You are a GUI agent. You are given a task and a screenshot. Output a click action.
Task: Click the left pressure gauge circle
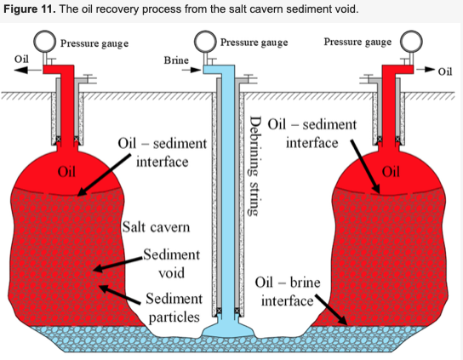tap(45, 42)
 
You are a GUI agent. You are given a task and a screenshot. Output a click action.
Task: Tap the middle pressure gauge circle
tap(205, 41)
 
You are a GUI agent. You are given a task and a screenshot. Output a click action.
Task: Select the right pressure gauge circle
tap(411, 42)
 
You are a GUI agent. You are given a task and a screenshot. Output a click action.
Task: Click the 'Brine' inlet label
tap(176, 60)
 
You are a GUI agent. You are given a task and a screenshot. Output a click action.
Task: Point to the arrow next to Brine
tap(191, 70)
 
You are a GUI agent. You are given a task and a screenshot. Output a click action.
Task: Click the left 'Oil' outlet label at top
tap(21, 59)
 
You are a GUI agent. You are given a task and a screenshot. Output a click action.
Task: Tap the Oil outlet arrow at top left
tap(28, 70)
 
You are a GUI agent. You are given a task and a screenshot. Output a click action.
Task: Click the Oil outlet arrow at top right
tap(426, 70)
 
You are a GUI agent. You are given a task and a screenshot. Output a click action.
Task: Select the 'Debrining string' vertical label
tap(254, 166)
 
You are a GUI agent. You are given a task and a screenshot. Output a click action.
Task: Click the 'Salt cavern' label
tap(157, 227)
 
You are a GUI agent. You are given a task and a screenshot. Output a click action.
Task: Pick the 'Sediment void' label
tap(172, 264)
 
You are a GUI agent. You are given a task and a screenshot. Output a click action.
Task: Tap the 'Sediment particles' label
tap(174, 308)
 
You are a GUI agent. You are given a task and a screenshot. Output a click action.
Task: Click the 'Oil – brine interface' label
tap(288, 291)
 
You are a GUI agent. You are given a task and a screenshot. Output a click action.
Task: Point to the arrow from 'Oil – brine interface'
tap(331, 309)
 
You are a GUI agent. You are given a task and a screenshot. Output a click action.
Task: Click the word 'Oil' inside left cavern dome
tap(66, 172)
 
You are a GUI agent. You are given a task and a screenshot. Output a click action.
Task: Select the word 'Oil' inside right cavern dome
tap(391, 172)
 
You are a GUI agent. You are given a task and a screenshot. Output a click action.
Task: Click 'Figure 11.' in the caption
tap(30, 9)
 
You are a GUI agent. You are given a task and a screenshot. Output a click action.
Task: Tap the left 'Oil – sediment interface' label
tap(163, 152)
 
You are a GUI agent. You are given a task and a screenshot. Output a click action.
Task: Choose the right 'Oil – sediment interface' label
tap(312, 134)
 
